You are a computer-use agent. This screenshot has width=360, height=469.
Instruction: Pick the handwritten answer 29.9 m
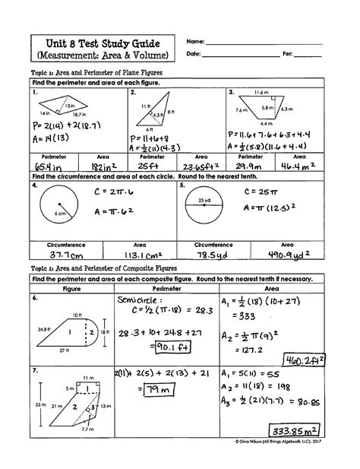(251, 165)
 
